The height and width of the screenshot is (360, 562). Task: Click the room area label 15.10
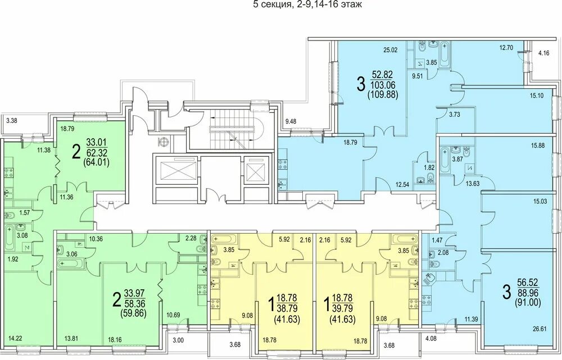point(537,95)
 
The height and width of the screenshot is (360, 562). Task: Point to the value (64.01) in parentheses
point(96,163)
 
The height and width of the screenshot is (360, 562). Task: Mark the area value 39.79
point(343,308)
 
